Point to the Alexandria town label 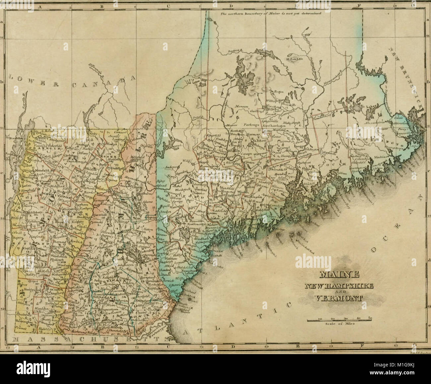(x=374, y=122)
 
